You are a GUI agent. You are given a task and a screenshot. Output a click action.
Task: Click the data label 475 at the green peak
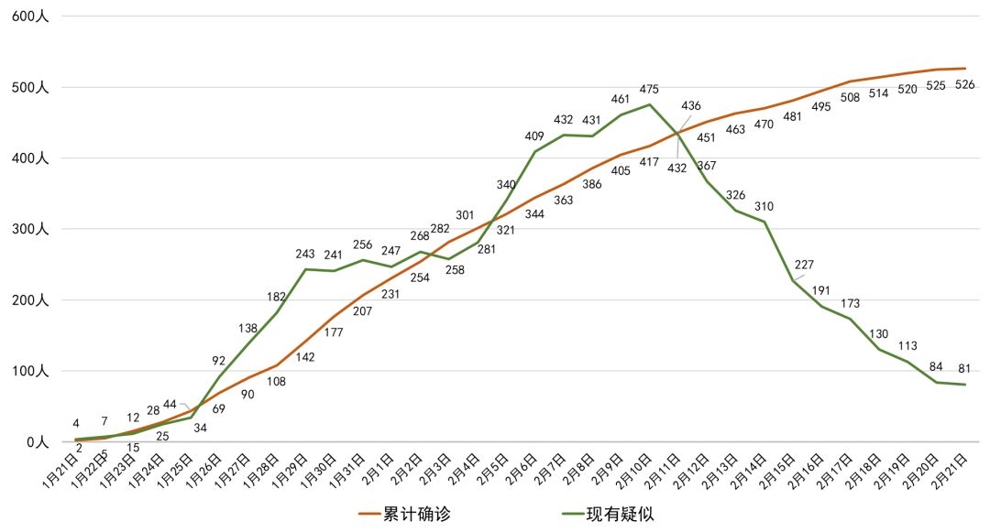[x=649, y=89]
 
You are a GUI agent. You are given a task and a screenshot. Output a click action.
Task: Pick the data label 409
[x=534, y=136]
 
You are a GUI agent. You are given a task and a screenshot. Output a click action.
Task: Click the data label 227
[x=804, y=266]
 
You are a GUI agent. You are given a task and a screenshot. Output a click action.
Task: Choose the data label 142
[x=305, y=357]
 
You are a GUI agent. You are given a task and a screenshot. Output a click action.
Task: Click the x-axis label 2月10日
[x=636, y=473]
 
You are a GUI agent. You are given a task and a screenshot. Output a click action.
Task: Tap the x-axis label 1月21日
[x=63, y=473]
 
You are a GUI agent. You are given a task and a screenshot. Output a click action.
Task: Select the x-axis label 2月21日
[x=951, y=473]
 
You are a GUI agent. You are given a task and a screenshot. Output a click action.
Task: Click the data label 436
[x=690, y=106]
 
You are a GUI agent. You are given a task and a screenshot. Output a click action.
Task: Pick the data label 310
[x=764, y=206]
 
